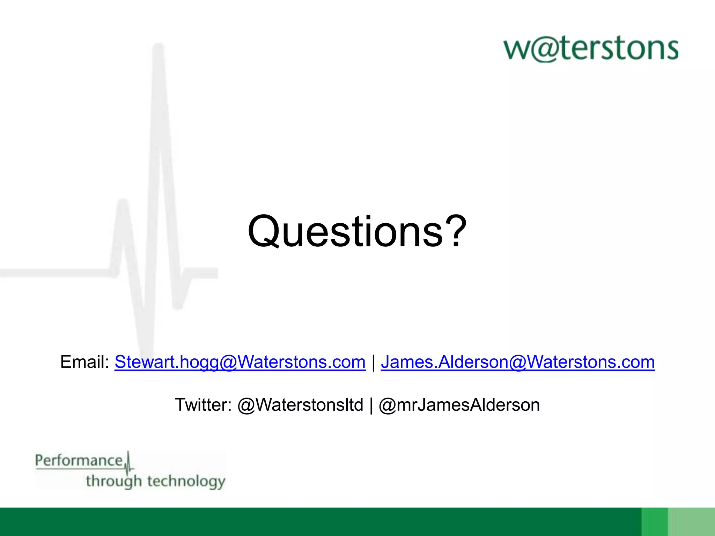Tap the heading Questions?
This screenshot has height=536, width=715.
click(x=357, y=232)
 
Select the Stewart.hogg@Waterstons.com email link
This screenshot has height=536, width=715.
click(x=240, y=362)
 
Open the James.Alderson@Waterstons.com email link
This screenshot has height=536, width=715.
click(x=518, y=362)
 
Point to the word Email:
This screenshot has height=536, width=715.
click(x=85, y=362)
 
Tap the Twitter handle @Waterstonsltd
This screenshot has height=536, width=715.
click(x=300, y=405)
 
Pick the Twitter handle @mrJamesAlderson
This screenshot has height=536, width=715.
click(x=459, y=405)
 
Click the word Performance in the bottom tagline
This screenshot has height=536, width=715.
click(x=79, y=461)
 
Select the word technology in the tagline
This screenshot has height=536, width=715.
click(x=186, y=481)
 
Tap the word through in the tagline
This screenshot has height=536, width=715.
click(x=114, y=481)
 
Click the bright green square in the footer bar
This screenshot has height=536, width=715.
click(x=655, y=522)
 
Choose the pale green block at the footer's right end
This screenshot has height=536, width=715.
click(x=693, y=522)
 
